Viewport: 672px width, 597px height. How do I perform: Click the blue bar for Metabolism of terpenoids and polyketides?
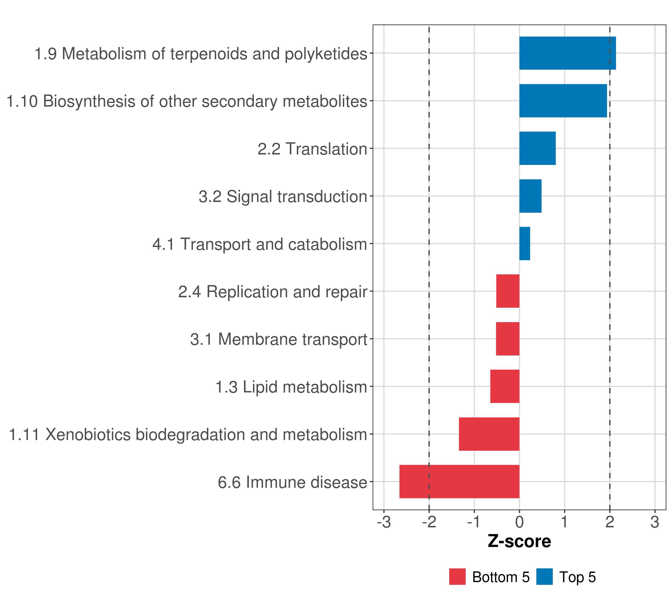point(567,53)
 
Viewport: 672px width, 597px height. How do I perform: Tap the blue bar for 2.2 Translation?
point(537,148)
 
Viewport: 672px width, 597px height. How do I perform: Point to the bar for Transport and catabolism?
point(524,244)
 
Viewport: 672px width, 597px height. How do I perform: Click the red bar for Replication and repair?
point(508,291)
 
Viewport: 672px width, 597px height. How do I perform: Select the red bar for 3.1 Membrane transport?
point(508,339)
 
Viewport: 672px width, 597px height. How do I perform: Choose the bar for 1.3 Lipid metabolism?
point(505,386)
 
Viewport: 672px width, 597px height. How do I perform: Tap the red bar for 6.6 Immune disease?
point(459,482)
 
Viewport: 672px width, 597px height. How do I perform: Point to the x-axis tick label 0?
point(519,522)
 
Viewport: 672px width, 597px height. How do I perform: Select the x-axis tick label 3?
point(655,522)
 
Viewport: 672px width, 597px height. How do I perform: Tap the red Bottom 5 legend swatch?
point(457,577)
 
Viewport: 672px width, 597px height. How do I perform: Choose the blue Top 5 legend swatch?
point(544,577)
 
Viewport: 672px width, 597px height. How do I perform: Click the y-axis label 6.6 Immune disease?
point(292,482)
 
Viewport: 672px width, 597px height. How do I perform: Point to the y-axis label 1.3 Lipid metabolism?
point(291,387)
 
